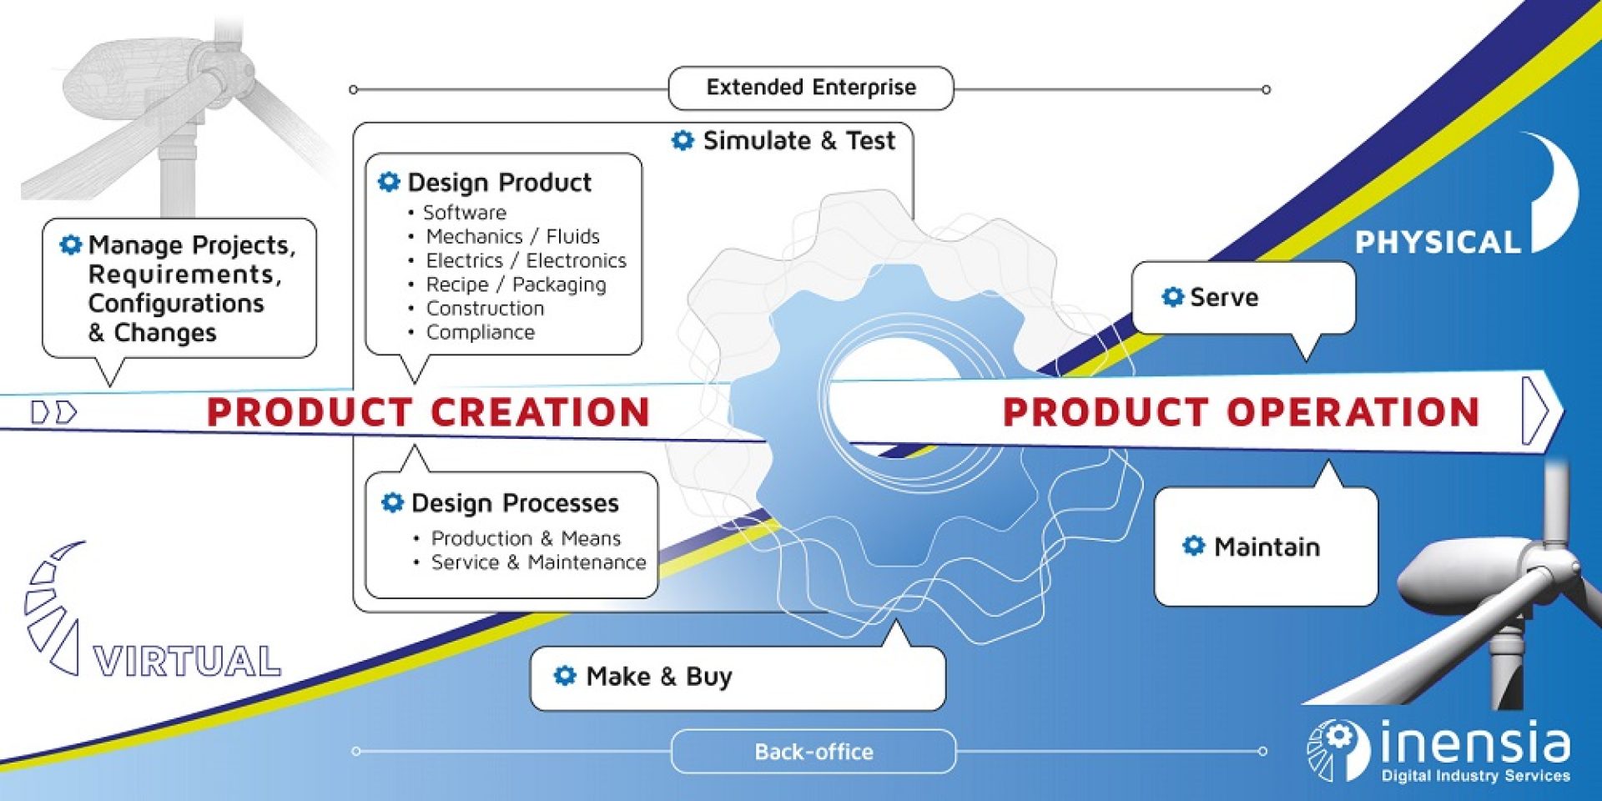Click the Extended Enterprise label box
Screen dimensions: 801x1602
811,88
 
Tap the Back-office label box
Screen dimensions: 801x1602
814,752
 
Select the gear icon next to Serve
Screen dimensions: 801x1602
1172,297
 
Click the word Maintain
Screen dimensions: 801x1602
1267,547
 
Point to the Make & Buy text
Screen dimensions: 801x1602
659,676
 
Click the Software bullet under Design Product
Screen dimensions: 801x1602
465,213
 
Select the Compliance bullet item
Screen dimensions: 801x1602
480,332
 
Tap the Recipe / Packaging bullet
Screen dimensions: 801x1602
516,285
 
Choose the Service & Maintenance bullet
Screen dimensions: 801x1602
538,562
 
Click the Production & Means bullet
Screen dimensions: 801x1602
526,538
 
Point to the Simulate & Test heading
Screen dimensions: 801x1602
798,141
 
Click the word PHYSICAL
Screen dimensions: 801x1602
1437,243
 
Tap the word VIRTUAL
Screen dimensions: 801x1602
187,662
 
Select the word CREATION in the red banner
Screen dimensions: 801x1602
540,412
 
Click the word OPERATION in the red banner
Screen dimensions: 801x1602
1352,412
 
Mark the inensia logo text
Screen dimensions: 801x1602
1474,743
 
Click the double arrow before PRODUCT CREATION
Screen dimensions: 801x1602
54,412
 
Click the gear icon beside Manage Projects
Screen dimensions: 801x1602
71,244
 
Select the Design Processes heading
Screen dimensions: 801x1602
515,503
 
